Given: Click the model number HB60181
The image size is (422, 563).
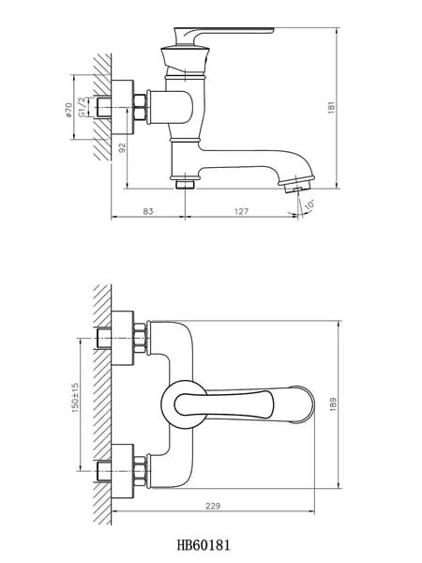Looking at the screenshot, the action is [x=203, y=545].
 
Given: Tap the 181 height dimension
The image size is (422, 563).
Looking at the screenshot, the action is [x=331, y=108].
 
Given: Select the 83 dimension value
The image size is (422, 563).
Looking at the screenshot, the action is [x=148, y=211].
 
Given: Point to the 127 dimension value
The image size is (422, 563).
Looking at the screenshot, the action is [x=242, y=211].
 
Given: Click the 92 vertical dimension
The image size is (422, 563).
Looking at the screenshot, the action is [x=123, y=147].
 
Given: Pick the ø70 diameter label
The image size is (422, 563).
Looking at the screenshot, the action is [x=68, y=110].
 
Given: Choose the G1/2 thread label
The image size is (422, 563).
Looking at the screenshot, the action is [x=82, y=107].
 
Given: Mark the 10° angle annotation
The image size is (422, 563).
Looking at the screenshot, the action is [x=309, y=205].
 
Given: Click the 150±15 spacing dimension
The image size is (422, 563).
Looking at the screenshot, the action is [x=75, y=398].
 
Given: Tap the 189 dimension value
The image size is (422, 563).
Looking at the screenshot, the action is [x=333, y=403].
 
